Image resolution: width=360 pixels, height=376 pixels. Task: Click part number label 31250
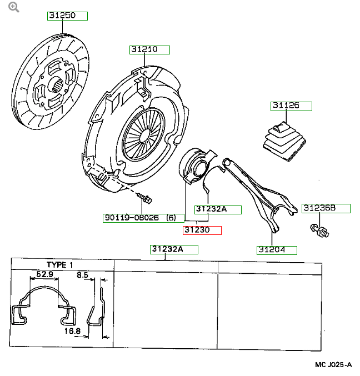pyautogui.click(x=67, y=16)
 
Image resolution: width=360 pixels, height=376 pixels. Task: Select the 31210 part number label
pyautogui.click(x=149, y=49)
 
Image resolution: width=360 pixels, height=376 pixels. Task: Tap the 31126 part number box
pyautogui.click(x=291, y=106)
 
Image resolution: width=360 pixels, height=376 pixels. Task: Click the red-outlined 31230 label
pyautogui.click(x=202, y=230)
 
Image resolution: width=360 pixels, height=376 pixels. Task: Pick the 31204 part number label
pyautogui.click(x=276, y=250)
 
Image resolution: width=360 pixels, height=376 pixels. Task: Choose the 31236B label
pyautogui.click(x=326, y=208)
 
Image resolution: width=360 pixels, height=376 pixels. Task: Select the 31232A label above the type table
pyautogui.click(x=174, y=249)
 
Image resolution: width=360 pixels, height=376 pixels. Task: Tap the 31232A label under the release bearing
pyautogui.click(x=217, y=209)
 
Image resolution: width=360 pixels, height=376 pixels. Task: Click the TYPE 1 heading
pyautogui.click(x=59, y=265)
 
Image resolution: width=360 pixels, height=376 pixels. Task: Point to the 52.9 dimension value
pyautogui.click(x=44, y=274)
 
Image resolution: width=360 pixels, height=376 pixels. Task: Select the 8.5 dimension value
pyautogui.click(x=82, y=274)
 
